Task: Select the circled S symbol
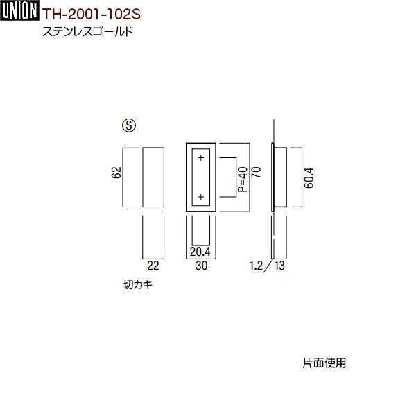[x=128, y=126]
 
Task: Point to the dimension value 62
[x=116, y=173]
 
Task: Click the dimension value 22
[x=153, y=264]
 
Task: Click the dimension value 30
[x=200, y=264]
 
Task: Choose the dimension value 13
[x=279, y=264]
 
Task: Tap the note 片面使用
[x=324, y=362]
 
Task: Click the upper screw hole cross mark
[x=201, y=158]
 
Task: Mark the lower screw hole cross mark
[x=201, y=198]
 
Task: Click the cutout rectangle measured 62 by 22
[x=153, y=177]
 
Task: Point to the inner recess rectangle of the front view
[x=201, y=177]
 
